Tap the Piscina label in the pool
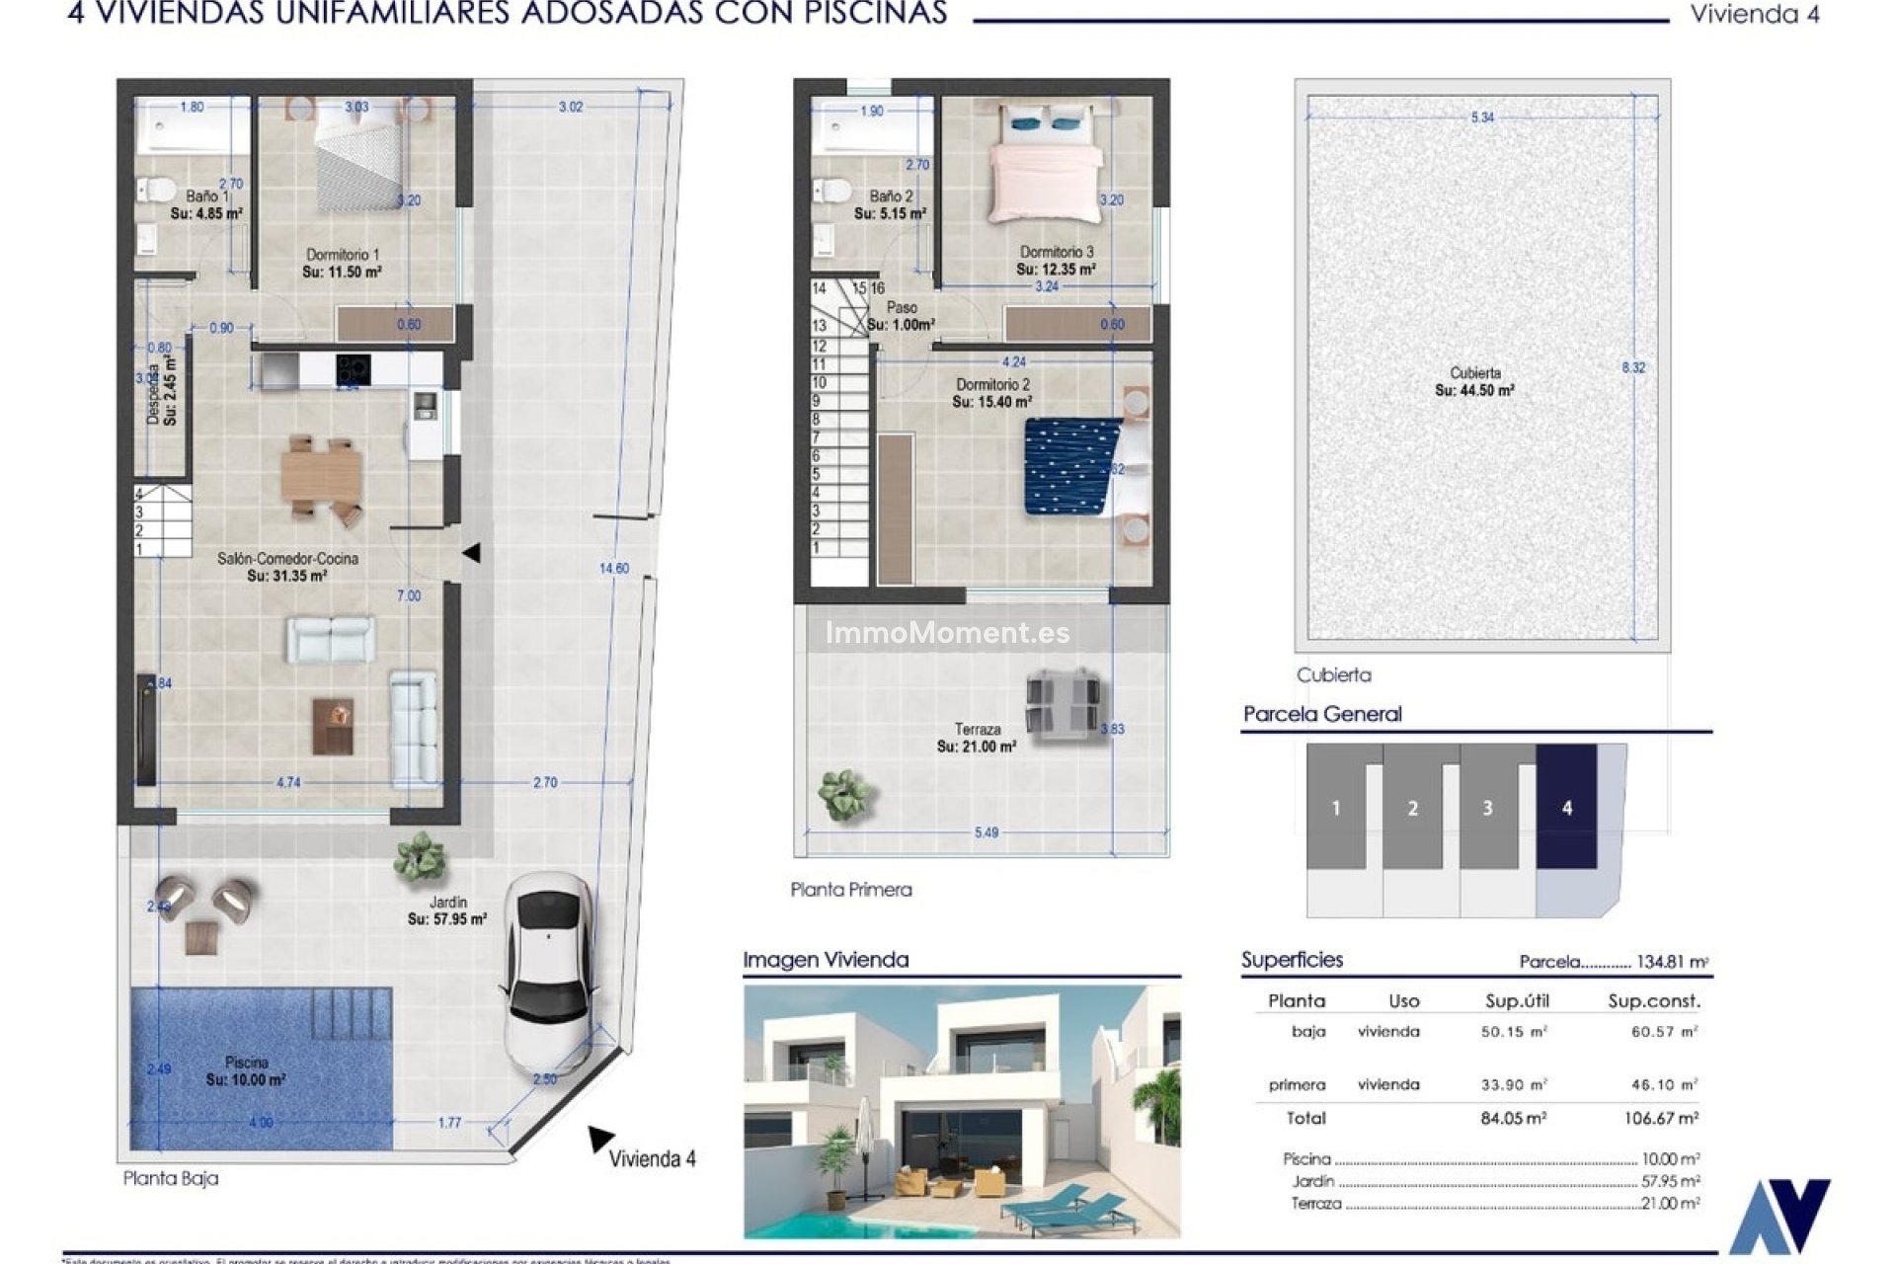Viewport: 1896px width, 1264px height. tap(246, 1070)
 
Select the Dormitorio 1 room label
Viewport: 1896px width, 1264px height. tap(342, 263)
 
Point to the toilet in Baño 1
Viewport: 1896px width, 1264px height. tap(156, 189)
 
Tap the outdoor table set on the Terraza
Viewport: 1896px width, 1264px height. tap(1063, 701)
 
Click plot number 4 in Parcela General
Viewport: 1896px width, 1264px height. tap(1566, 808)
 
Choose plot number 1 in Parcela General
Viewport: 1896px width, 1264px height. tap(1335, 808)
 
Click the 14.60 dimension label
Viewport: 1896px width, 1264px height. tap(613, 568)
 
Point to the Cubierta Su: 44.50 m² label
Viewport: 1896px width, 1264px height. tap(1474, 382)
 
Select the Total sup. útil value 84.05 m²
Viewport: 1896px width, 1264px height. tap(1513, 1118)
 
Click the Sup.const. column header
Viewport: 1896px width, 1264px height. tap(1653, 1000)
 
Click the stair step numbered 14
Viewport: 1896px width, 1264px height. tap(820, 288)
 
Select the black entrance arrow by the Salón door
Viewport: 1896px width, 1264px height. tap(472, 553)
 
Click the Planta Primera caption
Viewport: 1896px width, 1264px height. tap(850, 890)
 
